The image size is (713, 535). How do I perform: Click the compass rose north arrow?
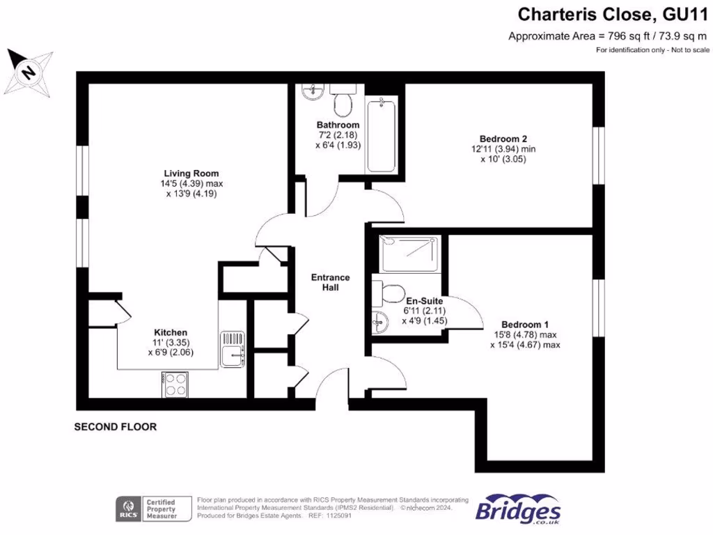28,71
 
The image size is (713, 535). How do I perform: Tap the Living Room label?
191,173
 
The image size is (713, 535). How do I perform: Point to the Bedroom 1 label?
525,325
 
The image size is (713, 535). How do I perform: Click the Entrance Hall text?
330,282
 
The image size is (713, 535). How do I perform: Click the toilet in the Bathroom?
342,102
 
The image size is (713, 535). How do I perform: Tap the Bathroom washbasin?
311,91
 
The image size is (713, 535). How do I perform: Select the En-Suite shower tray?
410,254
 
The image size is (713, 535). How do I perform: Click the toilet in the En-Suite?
390,292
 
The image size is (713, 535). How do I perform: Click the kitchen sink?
233,348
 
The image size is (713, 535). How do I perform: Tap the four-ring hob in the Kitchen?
175,384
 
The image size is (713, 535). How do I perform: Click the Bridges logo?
519,510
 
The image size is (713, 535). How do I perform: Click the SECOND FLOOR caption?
116,427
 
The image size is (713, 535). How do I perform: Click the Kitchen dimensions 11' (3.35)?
171,343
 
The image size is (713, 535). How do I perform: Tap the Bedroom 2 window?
597,155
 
